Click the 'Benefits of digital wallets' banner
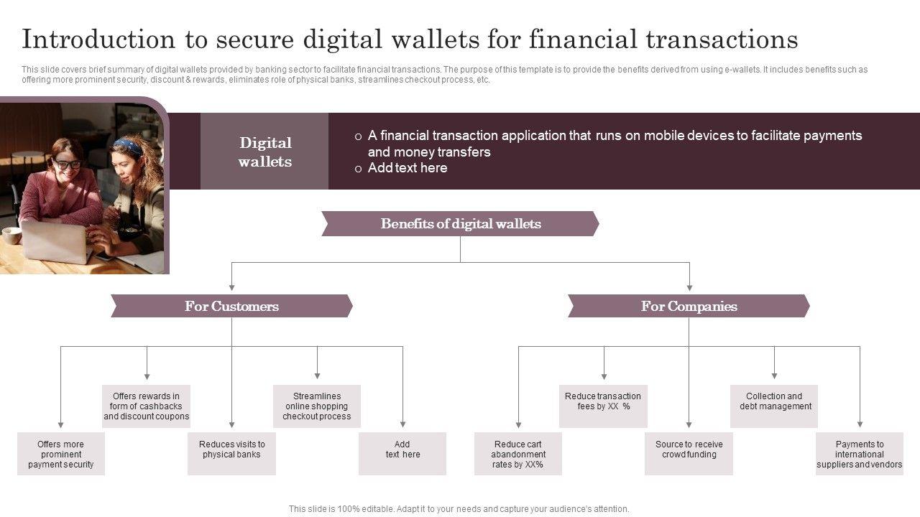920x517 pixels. click(460, 224)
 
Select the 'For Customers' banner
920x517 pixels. click(231, 307)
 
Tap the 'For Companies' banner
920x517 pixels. click(689, 307)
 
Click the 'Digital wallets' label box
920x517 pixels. click(265, 152)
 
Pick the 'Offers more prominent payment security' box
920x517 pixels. click(61, 454)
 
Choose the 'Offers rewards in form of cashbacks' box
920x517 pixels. click(147, 406)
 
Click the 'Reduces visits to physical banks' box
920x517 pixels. click(231, 454)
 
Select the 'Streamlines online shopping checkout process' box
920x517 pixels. click(317, 406)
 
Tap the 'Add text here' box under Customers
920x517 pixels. click(402, 454)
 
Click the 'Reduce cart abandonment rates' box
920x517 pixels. click(518, 454)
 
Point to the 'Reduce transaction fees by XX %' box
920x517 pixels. click(603, 406)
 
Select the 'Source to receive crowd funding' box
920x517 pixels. click(689, 454)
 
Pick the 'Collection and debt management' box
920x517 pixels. click(774, 406)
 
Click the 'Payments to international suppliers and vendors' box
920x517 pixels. click(860, 454)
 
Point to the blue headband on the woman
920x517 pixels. click(128, 146)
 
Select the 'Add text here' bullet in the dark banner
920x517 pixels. click(408, 168)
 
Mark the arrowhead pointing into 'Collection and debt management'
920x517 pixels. click(774, 375)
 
